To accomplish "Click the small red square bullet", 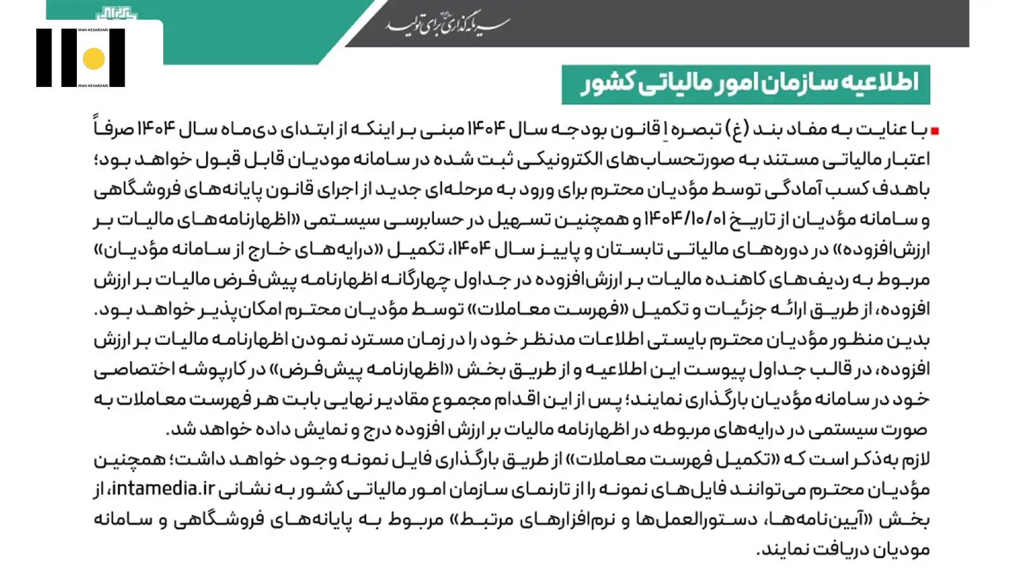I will tap(935, 131).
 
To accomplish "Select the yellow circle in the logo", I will tap(93, 58).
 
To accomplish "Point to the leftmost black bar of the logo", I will tap(44, 58).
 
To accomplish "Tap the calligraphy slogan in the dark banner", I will tap(448, 24).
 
